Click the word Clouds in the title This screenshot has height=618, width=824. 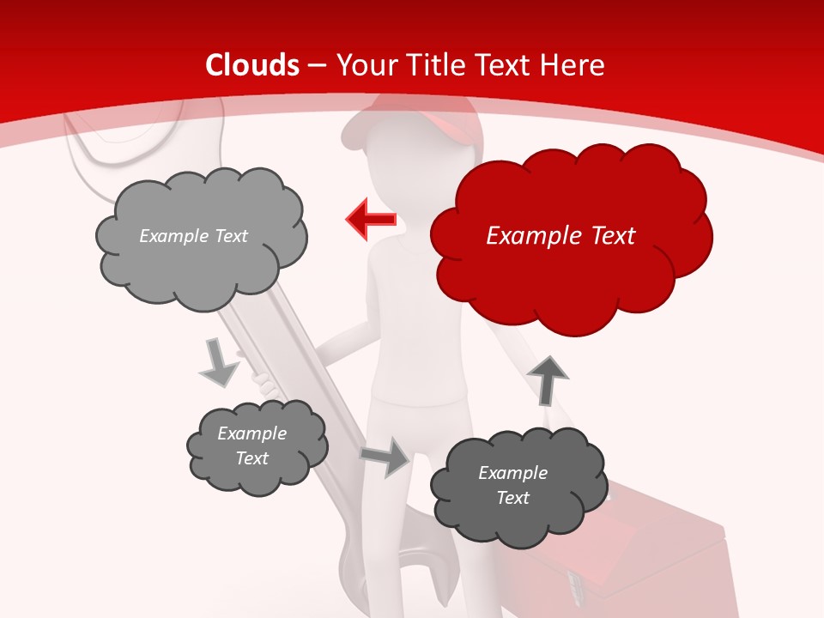click(x=252, y=65)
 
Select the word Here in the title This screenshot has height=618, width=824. click(x=575, y=65)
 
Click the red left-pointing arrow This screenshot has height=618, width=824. click(x=371, y=220)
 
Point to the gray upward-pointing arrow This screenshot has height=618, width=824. click(x=547, y=379)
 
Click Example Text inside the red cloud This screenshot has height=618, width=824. click(x=560, y=236)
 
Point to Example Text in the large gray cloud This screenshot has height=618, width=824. click(x=193, y=236)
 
